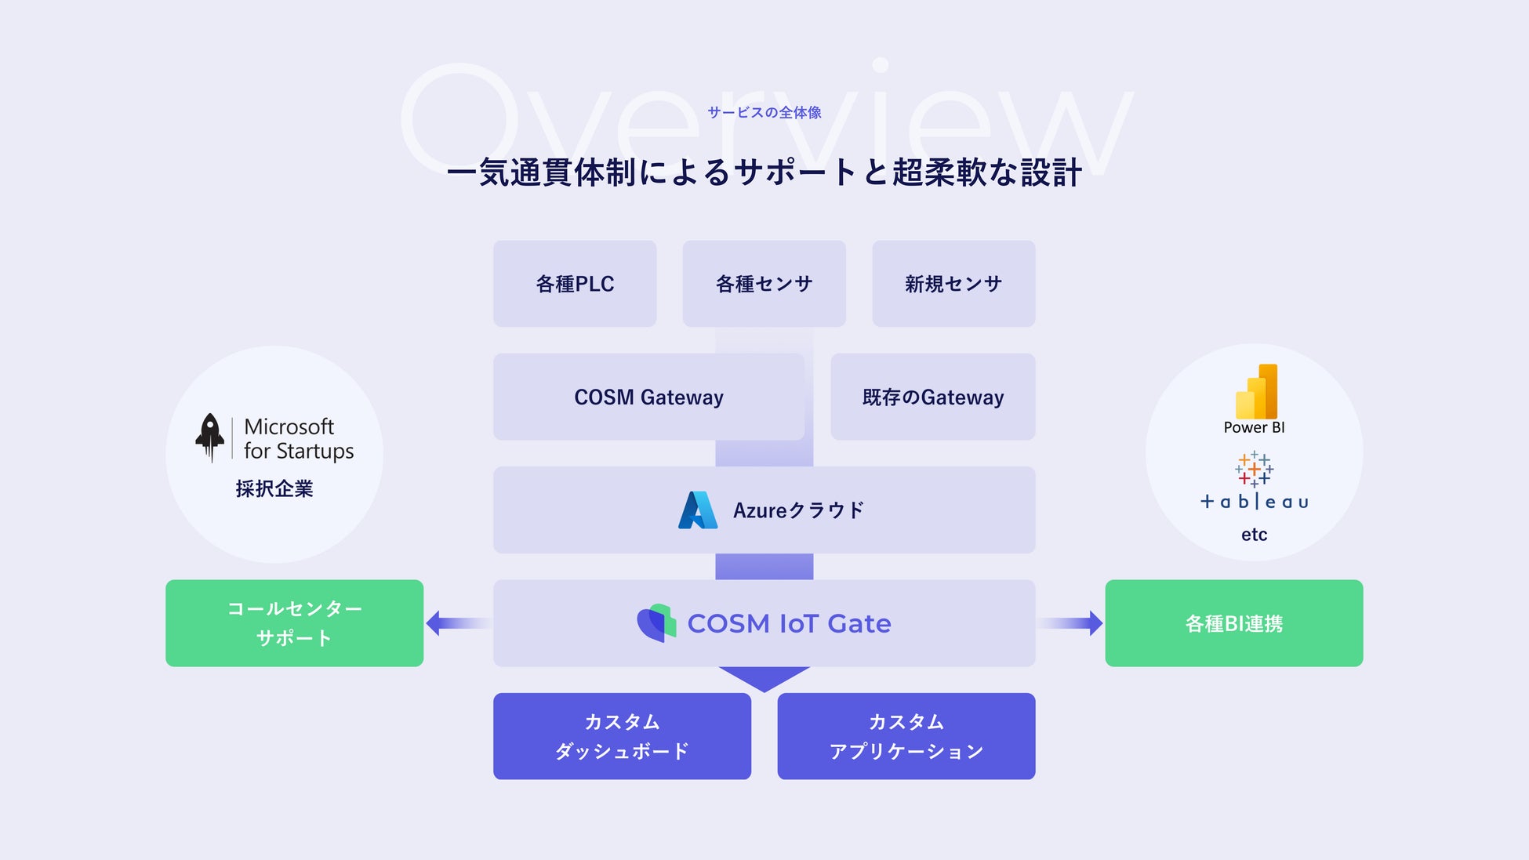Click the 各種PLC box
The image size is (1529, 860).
(575, 284)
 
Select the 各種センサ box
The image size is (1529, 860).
(764, 284)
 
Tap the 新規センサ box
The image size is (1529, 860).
(953, 284)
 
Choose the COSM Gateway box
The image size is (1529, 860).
(648, 397)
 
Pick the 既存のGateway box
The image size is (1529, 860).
(933, 397)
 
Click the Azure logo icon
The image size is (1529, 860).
(697, 510)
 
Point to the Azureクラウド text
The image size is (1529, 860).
(798, 510)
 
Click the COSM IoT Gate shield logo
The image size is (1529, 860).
(656, 623)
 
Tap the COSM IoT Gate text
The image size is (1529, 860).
(789, 623)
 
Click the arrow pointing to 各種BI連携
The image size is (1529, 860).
(1071, 623)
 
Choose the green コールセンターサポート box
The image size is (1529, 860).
(294, 623)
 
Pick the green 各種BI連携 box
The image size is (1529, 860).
(1233, 623)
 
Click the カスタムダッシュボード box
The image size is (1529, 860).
(622, 736)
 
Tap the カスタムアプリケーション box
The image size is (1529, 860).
(906, 736)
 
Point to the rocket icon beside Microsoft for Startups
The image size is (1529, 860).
(209, 437)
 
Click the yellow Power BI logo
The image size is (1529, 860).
(1256, 391)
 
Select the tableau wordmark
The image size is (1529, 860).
(1254, 502)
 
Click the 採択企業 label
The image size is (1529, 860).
(274, 488)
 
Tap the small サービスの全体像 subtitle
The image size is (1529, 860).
(764, 112)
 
